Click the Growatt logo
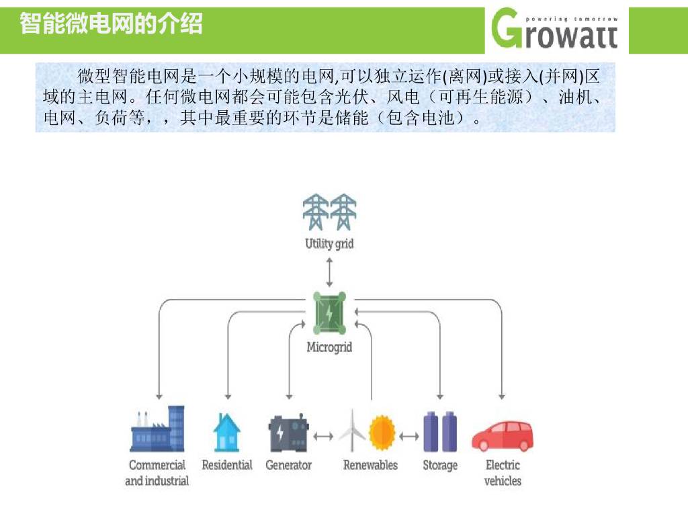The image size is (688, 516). [554, 29]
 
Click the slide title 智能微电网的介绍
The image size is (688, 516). [111, 24]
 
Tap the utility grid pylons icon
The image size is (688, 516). [329, 212]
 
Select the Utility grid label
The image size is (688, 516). [329, 243]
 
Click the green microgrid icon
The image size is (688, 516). [329, 313]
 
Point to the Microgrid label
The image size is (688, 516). [329, 347]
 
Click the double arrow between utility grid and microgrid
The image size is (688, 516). [329, 273]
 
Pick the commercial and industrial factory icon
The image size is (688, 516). [157, 429]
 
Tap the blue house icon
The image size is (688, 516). [226, 433]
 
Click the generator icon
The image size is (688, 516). [289, 433]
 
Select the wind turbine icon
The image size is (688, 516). [352, 431]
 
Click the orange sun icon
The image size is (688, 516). [382, 433]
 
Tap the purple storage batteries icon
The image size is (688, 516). [440, 432]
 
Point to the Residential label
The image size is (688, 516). [227, 465]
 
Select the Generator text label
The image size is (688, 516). [289, 465]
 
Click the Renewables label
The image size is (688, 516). [370, 465]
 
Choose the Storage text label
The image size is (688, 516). [440, 466]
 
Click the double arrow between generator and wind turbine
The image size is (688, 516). [324, 436]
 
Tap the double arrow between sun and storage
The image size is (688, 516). [409, 436]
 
